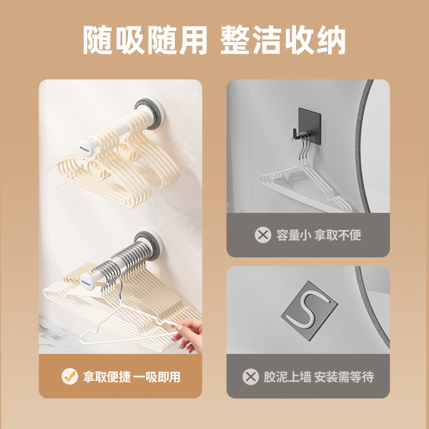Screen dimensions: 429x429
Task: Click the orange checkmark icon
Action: [70, 376]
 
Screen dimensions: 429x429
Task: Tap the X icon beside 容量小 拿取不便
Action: [263, 235]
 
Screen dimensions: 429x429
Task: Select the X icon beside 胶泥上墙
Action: [250, 377]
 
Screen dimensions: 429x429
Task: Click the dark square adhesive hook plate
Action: [309, 126]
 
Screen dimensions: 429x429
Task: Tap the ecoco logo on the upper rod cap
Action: [85, 149]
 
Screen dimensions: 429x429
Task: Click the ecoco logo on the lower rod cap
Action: [85, 283]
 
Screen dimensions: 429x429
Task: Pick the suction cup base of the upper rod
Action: [150, 113]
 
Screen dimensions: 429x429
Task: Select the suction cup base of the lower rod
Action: [149, 245]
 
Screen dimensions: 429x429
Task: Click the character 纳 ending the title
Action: [331, 40]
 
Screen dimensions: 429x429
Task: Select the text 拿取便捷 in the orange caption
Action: [107, 377]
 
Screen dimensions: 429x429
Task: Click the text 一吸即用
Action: [157, 377]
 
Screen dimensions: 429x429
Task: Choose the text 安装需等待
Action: [344, 377]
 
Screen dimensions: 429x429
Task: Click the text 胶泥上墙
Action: [287, 377]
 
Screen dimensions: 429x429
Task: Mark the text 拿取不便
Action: [338, 235]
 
